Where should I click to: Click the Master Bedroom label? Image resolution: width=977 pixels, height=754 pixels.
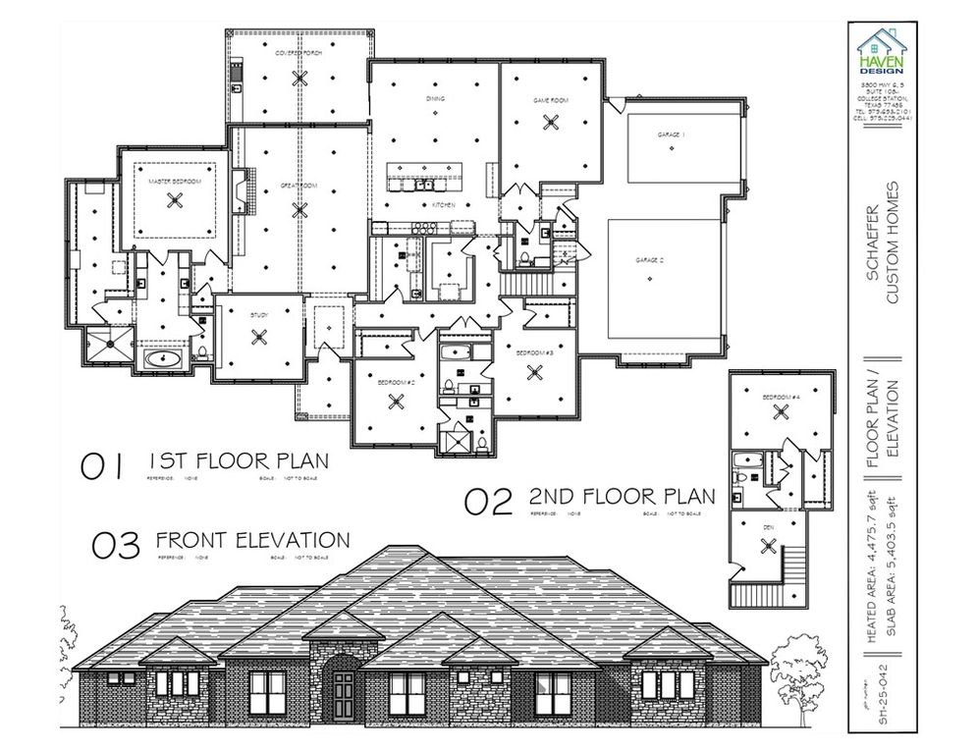coord(175,183)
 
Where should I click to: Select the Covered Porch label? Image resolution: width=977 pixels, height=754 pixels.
coord(299,52)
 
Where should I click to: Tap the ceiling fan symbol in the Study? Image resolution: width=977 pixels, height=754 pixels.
coord(259,337)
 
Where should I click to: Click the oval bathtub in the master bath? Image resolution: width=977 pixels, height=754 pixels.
coord(162,359)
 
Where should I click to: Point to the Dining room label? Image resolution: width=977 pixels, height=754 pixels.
coord(435,99)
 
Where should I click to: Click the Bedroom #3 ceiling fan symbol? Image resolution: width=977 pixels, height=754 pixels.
coord(535,372)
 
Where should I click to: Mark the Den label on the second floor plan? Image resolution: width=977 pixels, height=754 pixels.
coord(767,527)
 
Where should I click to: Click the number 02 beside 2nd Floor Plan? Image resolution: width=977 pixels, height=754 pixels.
coord(489,502)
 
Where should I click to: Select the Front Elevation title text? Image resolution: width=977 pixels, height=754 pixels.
coord(252,540)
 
